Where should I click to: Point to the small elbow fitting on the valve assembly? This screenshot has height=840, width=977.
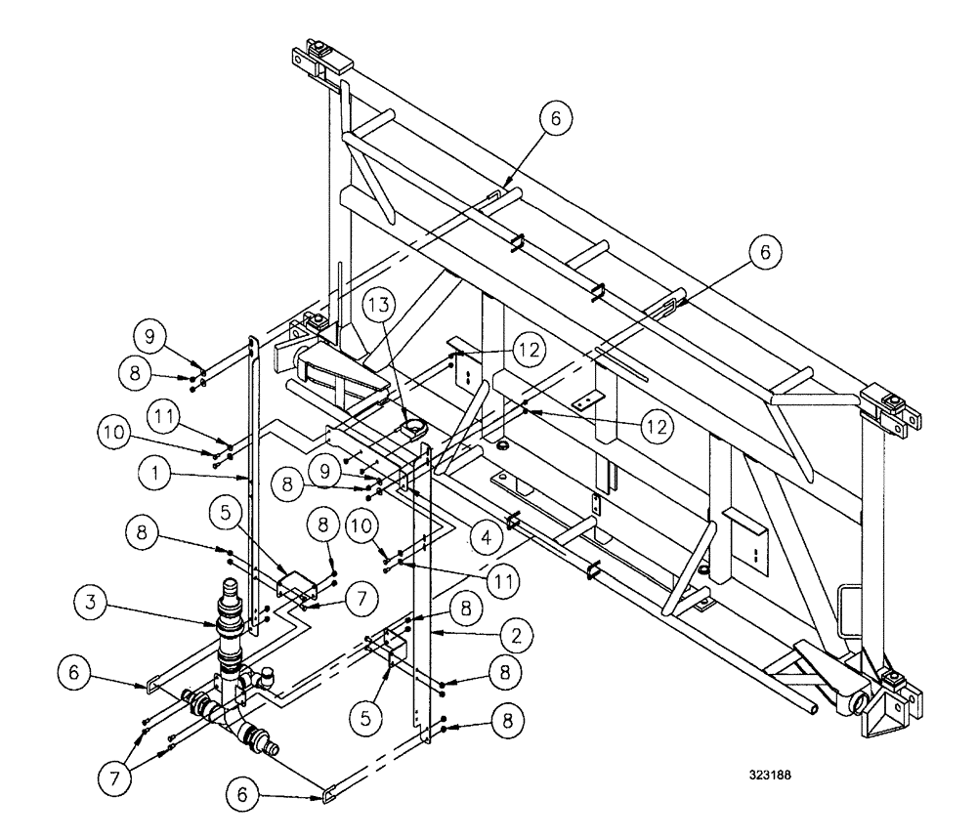click(x=266, y=675)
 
